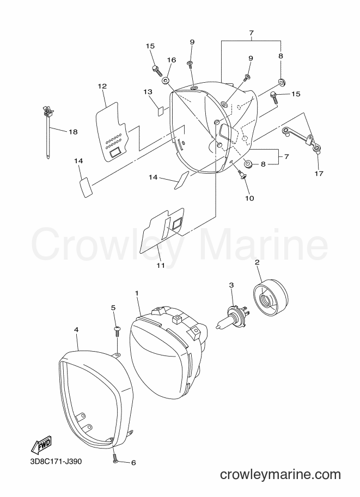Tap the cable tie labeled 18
[47, 132]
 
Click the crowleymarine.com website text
[280, 475]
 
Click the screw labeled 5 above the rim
[117, 330]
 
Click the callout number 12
[102, 86]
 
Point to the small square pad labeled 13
[161, 111]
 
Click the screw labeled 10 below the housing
[242, 174]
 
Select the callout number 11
[161, 265]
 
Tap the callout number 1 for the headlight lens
[137, 293]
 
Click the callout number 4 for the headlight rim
[76, 330]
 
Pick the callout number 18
[73, 132]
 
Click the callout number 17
[319, 174]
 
